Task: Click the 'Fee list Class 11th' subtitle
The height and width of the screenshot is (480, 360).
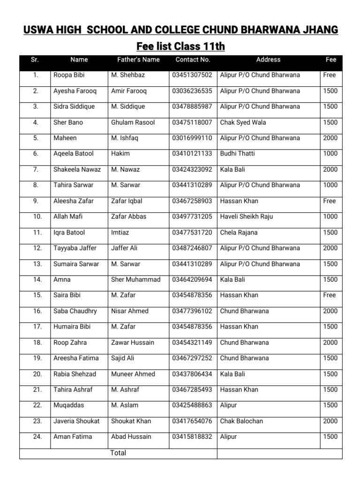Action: pyautogui.click(x=180, y=46)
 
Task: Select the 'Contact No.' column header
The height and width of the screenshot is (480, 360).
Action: pyautogui.click(x=193, y=60)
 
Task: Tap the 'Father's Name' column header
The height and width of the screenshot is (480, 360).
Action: pyautogui.click(x=138, y=60)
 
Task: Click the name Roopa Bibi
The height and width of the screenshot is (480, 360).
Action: pyautogui.click(x=69, y=75)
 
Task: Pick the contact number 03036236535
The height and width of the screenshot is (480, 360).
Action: pyautogui.click(x=192, y=91)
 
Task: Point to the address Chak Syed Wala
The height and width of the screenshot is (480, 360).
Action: pyautogui.click(x=243, y=122)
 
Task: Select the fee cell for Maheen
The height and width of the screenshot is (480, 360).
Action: pyautogui.click(x=330, y=138)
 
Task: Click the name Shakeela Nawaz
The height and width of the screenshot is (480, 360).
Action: pyautogui.click(x=77, y=169)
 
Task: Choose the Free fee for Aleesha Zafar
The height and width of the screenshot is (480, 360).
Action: pyautogui.click(x=330, y=201)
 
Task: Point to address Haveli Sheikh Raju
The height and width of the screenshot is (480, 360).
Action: pyautogui.click(x=247, y=217)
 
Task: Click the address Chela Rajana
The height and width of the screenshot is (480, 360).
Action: pyautogui.click(x=239, y=232)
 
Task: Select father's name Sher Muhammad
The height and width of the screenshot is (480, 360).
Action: pyautogui.click(x=135, y=279)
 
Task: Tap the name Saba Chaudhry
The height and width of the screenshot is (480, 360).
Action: pyautogui.click(x=75, y=311)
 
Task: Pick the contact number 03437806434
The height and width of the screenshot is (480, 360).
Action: pyautogui.click(x=192, y=374)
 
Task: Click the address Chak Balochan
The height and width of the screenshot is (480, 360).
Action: pyautogui.click(x=241, y=421)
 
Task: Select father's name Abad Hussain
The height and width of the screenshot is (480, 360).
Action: pyautogui.click(x=131, y=437)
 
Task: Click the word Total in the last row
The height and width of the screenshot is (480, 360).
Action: pyautogui.click(x=118, y=453)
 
